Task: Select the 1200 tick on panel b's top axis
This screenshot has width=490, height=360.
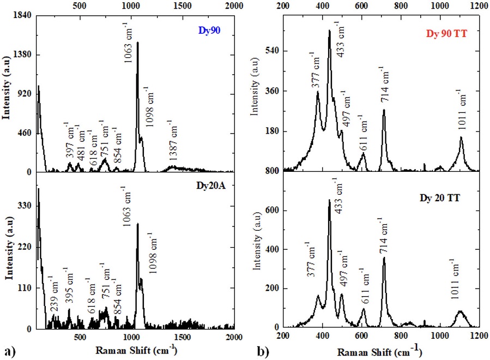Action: [x=479, y=5]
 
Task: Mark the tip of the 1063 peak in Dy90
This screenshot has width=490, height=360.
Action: [x=137, y=43]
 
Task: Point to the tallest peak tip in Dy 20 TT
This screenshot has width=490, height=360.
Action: [x=329, y=200]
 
